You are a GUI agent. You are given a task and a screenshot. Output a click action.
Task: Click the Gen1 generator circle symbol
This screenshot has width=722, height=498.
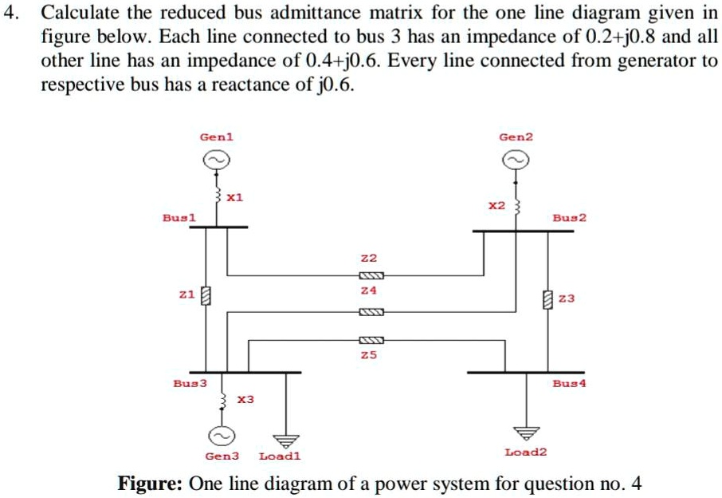tap(216, 160)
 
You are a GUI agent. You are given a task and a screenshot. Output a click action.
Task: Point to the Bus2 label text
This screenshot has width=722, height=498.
tap(569, 217)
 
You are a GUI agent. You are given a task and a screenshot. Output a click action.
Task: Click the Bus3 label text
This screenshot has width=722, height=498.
tap(190, 383)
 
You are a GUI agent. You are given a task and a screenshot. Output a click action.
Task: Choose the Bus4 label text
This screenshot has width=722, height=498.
tap(569, 383)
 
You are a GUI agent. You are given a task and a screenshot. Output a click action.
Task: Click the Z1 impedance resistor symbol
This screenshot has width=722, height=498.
tap(205, 297)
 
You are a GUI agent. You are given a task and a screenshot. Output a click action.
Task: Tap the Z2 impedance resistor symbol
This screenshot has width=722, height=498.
tap(372, 276)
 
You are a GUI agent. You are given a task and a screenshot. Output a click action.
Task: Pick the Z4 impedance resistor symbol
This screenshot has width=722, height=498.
tap(372, 311)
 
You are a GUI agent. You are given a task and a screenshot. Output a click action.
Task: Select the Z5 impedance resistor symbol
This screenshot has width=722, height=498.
tap(372, 339)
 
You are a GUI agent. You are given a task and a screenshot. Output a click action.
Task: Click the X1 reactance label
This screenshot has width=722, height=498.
tap(234, 196)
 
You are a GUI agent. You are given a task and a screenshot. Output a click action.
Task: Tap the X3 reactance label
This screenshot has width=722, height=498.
tap(246, 398)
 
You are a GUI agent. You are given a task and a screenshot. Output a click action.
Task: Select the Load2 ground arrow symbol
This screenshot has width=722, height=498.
tap(526, 433)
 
